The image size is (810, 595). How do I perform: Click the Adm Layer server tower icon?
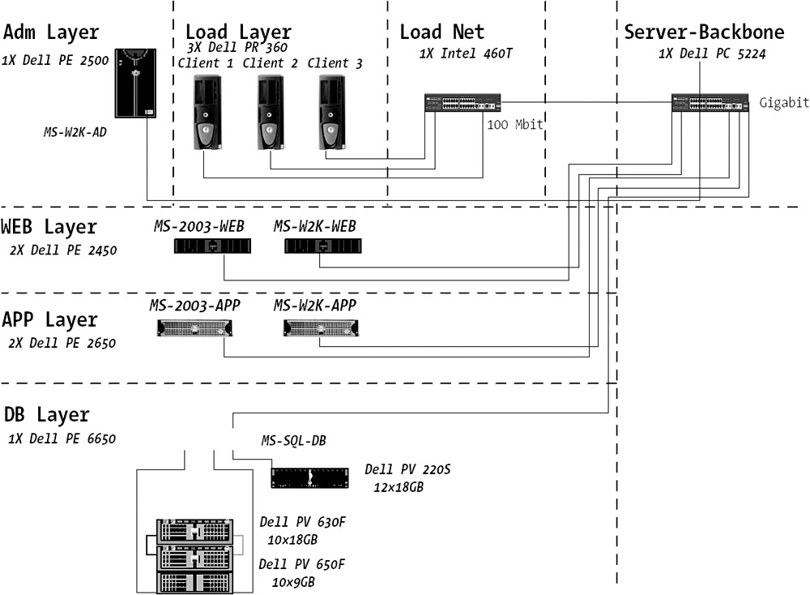click(135, 83)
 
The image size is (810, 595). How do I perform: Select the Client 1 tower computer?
click(207, 112)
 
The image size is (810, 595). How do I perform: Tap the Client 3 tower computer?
click(331, 112)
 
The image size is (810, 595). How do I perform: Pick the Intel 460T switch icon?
click(463, 104)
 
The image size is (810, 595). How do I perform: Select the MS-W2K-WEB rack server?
click(322, 244)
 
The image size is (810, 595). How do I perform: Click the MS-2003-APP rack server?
click(194, 328)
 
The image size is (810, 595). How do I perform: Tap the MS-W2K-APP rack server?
click(321, 328)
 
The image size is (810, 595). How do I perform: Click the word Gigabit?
click(784, 102)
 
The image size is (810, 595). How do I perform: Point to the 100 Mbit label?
click(514, 124)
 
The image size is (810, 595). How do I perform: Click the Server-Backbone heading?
click(704, 32)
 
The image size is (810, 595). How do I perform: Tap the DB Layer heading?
click(46, 414)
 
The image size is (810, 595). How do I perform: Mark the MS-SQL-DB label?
click(293, 441)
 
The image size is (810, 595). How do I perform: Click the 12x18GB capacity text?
click(399, 488)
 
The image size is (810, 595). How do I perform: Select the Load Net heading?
click(441, 32)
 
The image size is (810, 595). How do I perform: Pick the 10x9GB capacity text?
click(293, 582)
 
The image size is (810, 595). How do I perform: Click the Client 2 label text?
click(271, 63)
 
